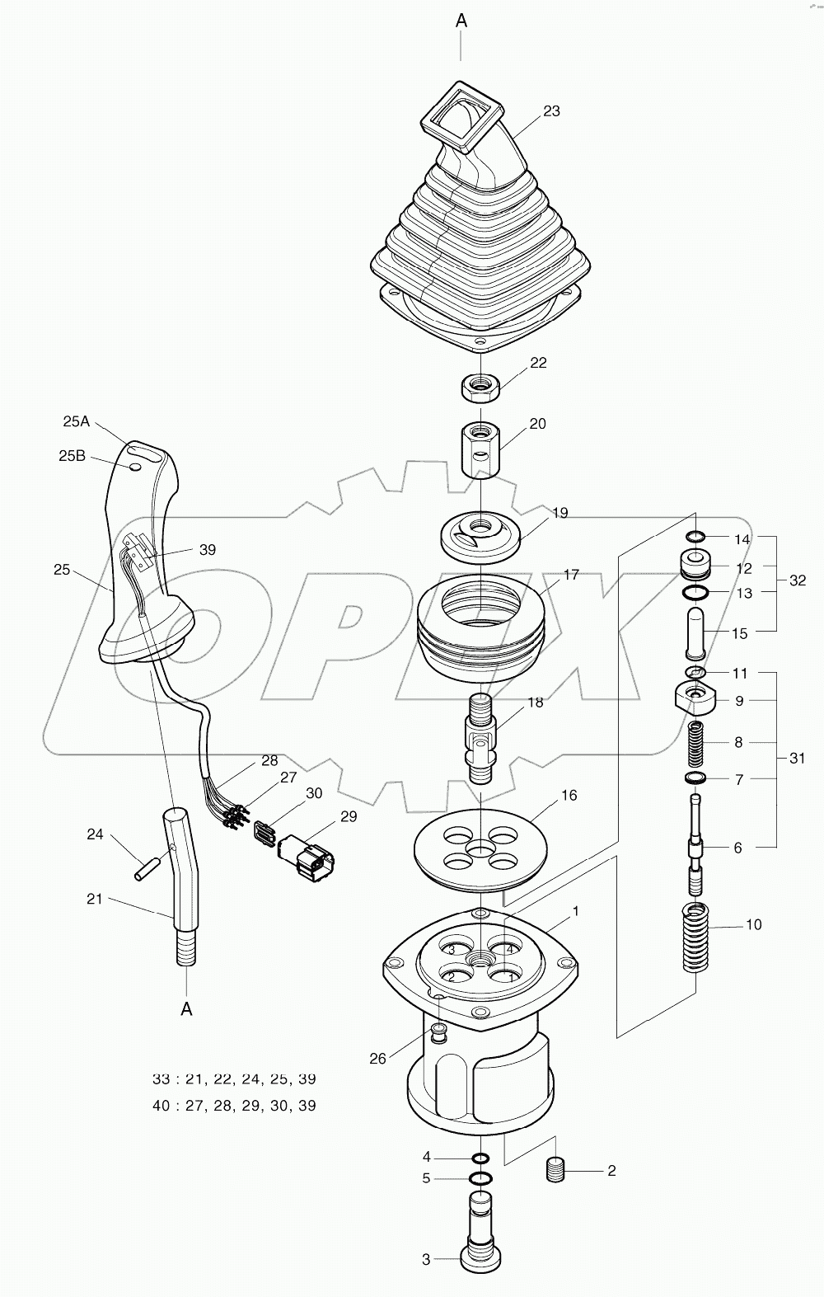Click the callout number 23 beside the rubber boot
tap(551, 110)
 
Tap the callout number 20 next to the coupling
tap(537, 424)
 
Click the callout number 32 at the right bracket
tap(797, 580)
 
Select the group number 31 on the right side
tap(797, 758)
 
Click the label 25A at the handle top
tap(76, 421)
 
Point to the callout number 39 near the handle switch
tap(207, 549)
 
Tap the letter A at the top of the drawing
tap(461, 21)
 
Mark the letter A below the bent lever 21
tap(187, 1008)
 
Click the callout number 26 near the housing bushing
tap(377, 1059)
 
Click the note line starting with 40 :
tap(234, 1106)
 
